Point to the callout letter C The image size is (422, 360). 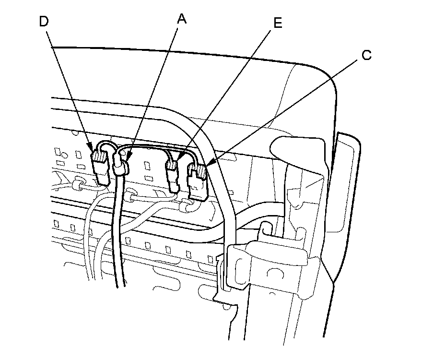(366, 56)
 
